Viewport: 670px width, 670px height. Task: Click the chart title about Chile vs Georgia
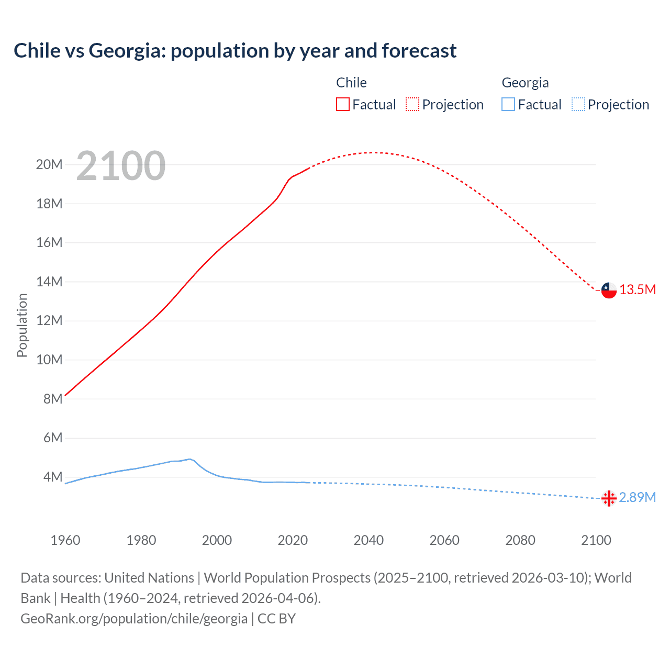(235, 51)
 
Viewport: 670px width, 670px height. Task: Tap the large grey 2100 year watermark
(121, 166)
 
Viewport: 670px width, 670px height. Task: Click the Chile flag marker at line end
(609, 290)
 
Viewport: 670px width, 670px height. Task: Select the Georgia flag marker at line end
(609, 498)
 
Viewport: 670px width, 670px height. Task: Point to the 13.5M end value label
(638, 290)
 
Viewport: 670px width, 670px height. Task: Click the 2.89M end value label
(637, 497)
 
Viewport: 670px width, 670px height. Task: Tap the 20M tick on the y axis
(49, 165)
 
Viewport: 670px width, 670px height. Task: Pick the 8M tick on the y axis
(52, 399)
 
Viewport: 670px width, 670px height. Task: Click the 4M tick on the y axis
(52, 477)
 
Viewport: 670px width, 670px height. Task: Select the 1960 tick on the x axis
(65, 540)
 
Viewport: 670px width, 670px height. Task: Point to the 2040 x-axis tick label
(368, 540)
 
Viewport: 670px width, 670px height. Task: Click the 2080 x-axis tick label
(520, 540)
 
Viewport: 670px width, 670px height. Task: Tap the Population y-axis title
(22, 325)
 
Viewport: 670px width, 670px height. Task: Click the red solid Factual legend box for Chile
(343, 104)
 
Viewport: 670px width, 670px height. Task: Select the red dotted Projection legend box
(412, 104)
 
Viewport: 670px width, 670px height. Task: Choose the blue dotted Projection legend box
(578, 104)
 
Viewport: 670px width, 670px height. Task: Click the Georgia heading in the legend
(525, 83)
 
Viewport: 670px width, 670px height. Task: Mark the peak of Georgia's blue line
(190, 459)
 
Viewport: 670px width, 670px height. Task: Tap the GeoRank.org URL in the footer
(134, 619)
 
